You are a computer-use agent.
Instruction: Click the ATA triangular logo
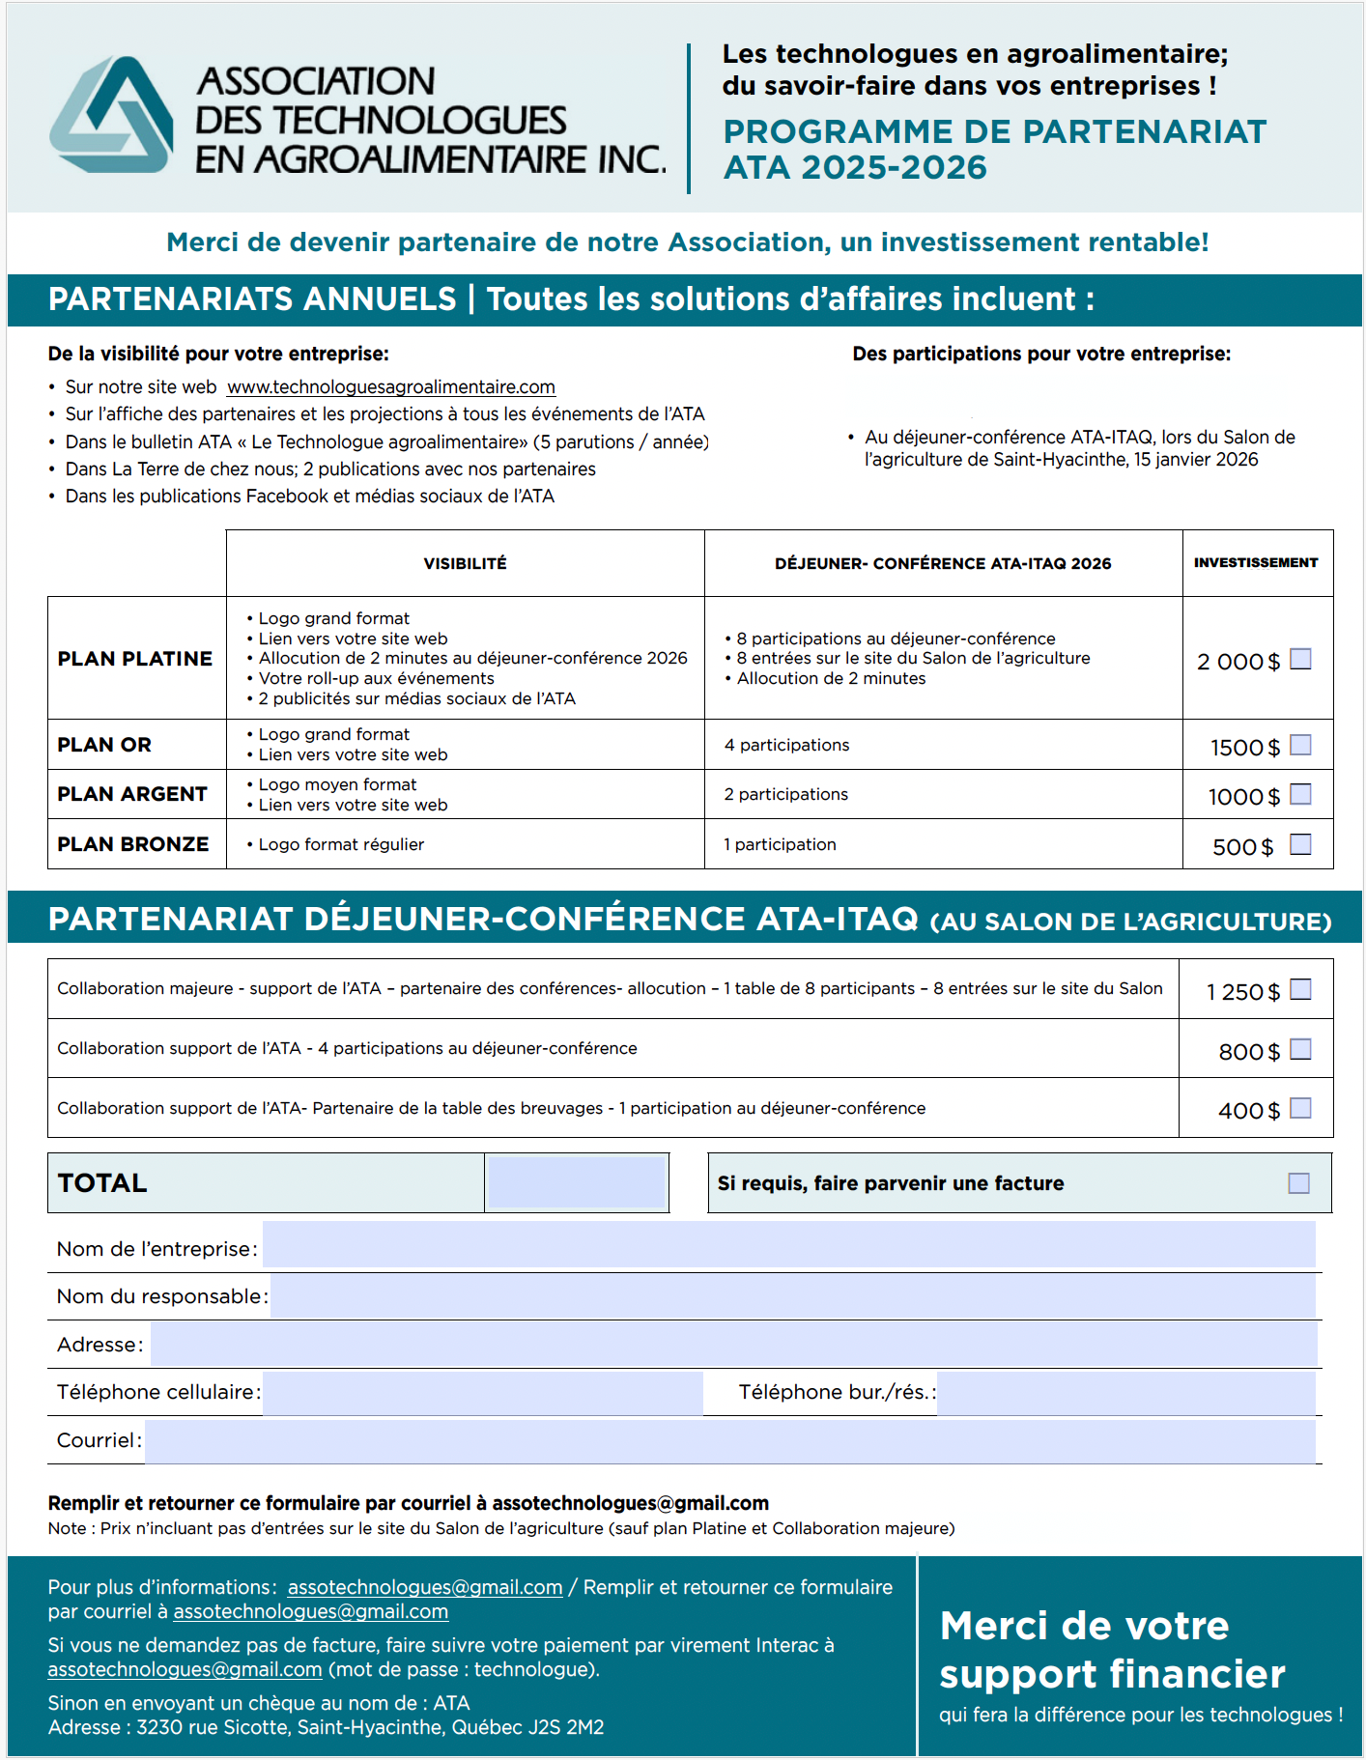tap(112, 116)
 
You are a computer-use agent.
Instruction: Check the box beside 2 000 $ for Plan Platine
tap(1301, 659)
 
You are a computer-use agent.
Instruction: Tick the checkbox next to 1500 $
tap(1301, 745)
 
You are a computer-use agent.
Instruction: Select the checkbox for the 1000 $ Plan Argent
tap(1301, 794)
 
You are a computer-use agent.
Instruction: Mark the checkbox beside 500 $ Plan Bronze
tap(1301, 844)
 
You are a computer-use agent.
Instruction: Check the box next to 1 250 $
tap(1301, 989)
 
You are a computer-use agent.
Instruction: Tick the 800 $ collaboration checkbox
tap(1301, 1049)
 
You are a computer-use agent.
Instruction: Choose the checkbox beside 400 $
tap(1301, 1108)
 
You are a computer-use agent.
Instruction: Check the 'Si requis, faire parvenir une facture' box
tap(1299, 1183)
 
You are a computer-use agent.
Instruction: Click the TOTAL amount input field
tap(577, 1182)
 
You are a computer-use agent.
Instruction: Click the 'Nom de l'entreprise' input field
tap(788, 1245)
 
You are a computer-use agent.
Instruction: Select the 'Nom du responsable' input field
tap(792, 1295)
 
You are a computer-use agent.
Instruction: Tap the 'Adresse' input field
tap(733, 1344)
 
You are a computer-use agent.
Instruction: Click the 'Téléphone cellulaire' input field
tap(482, 1392)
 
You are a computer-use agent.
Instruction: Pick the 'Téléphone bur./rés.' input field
tap(1125, 1392)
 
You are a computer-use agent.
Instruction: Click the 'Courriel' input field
tap(729, 1440)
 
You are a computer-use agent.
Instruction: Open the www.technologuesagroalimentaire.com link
tap(391, 387)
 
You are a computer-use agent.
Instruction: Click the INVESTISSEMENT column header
tap(1256, 562)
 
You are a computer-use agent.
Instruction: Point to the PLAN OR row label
tap(104, 745)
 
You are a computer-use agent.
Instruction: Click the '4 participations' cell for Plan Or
tap(787, 745)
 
